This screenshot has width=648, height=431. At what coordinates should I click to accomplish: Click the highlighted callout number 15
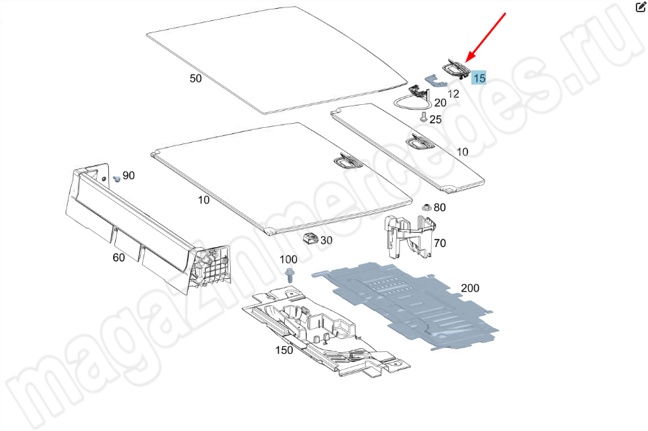(479, 78)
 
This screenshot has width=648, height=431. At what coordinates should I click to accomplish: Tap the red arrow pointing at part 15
(485, 38)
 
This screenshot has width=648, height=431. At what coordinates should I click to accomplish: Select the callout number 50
(196, 78)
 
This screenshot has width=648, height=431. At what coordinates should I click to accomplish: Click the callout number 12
(454, 94)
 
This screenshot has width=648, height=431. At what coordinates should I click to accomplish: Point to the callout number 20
(440, 102)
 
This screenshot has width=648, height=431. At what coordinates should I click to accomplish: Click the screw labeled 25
(423, 117)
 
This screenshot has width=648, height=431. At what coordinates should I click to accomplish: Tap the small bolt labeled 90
(116, 179)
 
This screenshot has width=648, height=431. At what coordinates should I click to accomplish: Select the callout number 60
(118, 257)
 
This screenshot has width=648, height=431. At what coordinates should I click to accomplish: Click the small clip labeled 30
(310, 238)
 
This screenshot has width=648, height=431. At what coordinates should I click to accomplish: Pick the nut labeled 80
(427, 207)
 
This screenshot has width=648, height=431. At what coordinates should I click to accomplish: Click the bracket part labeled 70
(409, 237)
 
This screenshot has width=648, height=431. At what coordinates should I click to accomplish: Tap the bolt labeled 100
(290, 274)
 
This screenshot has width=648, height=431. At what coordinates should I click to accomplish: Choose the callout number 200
(470, 288)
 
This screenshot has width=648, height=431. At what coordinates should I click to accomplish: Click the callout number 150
(284, 350)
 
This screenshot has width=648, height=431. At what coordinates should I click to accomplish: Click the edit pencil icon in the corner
(641, 7)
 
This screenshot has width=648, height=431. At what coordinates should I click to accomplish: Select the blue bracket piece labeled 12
(435, 81)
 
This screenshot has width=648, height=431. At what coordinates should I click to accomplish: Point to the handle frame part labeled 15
(456, 68)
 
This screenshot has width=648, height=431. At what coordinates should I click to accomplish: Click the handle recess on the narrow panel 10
(420, 142)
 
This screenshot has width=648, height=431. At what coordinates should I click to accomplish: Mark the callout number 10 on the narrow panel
(462, 152)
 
